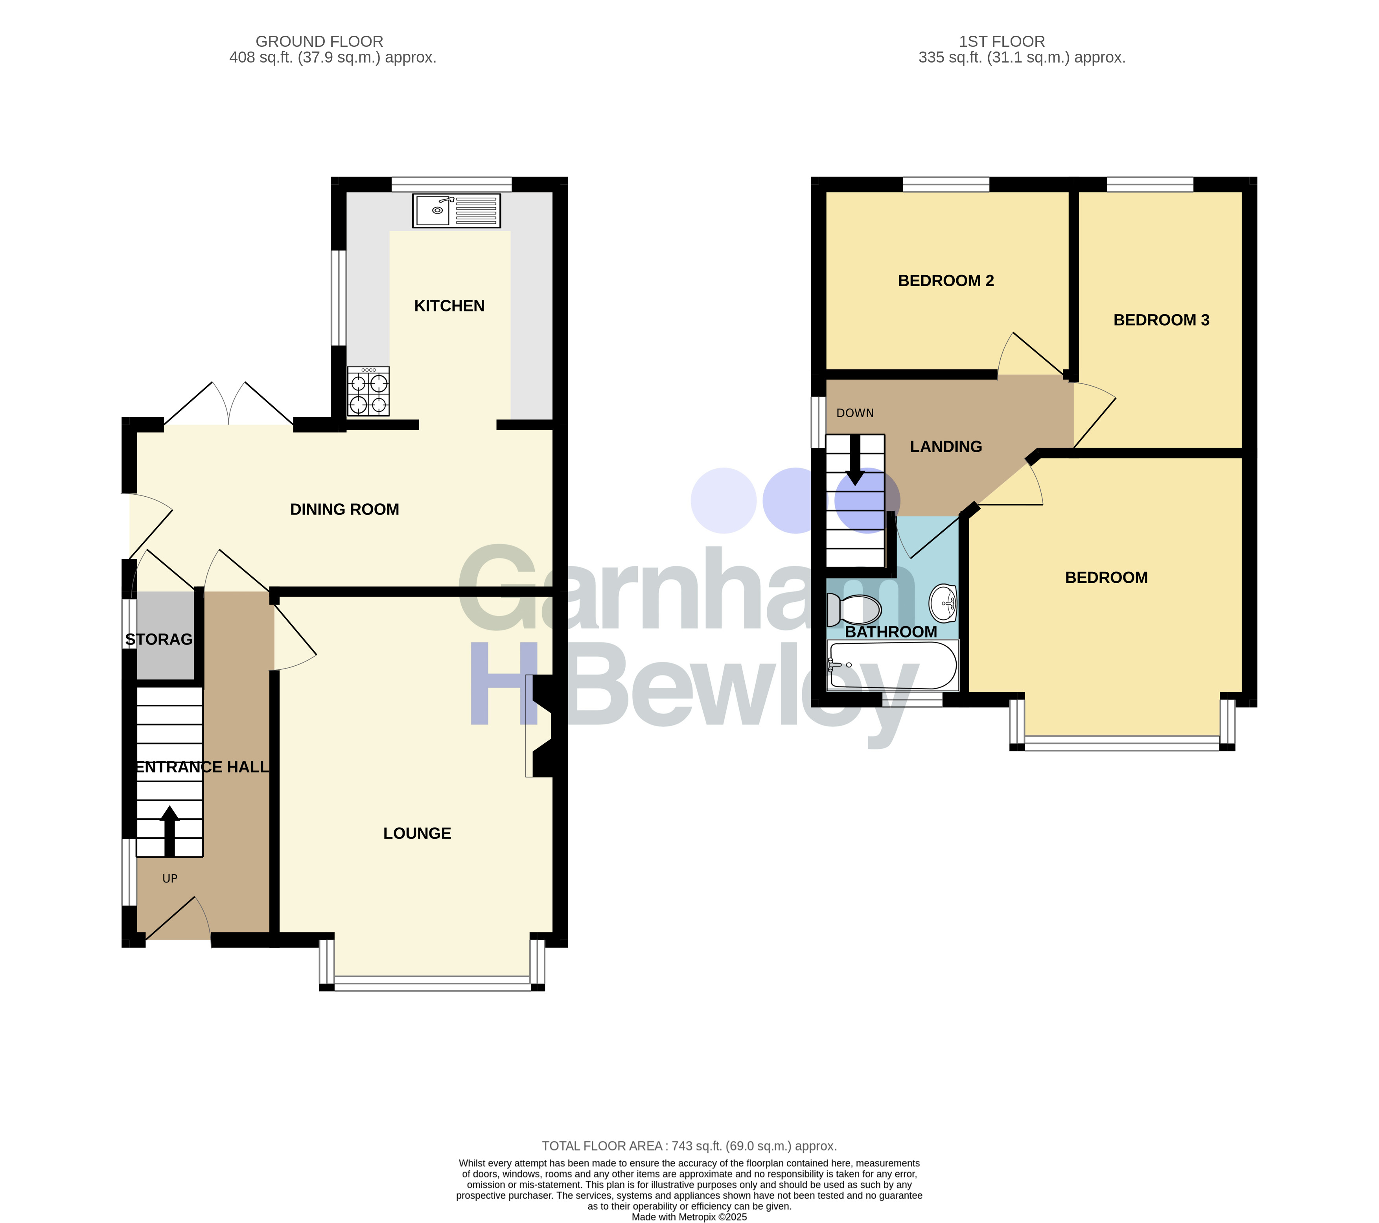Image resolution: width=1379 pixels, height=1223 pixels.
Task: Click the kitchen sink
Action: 456,210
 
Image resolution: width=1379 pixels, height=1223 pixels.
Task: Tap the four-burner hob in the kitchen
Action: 368,391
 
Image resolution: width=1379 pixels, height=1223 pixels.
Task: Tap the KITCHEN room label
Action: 449,306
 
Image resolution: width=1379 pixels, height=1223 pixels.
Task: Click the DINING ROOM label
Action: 345,509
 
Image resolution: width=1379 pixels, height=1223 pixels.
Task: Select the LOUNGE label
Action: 417,833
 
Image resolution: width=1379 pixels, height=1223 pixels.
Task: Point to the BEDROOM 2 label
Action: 946,281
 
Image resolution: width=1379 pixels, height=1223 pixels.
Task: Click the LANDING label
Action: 946,447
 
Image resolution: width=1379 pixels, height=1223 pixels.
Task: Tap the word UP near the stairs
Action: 170,878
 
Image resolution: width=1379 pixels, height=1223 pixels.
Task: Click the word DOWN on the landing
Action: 855,413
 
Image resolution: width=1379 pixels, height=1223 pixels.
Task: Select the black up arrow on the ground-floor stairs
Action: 169,831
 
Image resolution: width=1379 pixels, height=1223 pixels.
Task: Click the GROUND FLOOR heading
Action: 319,42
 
